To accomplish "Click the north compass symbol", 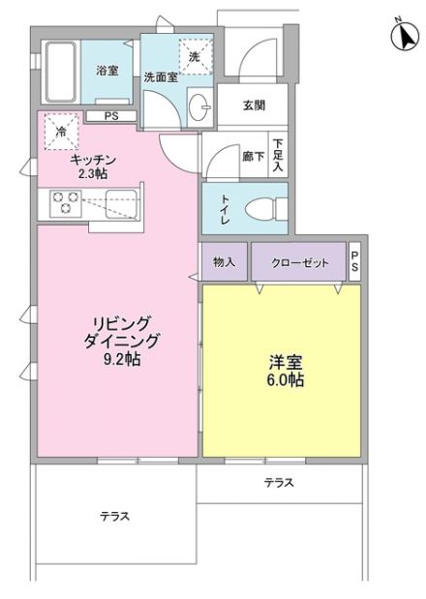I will (x=402, y=35).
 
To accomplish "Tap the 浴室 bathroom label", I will (x=106, y=71).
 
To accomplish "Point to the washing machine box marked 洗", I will (x=194, y=55).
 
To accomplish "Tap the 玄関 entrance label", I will (x=254, y=105).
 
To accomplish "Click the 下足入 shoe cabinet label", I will (x=277, y=155).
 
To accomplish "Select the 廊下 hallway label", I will (x=253, y=155).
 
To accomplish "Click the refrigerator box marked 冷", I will (x=61, y=133).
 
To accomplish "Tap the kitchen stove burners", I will (x=66, y=203).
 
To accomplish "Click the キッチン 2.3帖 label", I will (x=93, y=165).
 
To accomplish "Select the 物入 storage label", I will (x=224, y=261).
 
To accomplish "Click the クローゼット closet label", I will (x=297, y=261).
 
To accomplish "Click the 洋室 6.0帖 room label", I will (x=286, y=372).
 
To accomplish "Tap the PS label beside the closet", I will (x=354, y=261).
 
